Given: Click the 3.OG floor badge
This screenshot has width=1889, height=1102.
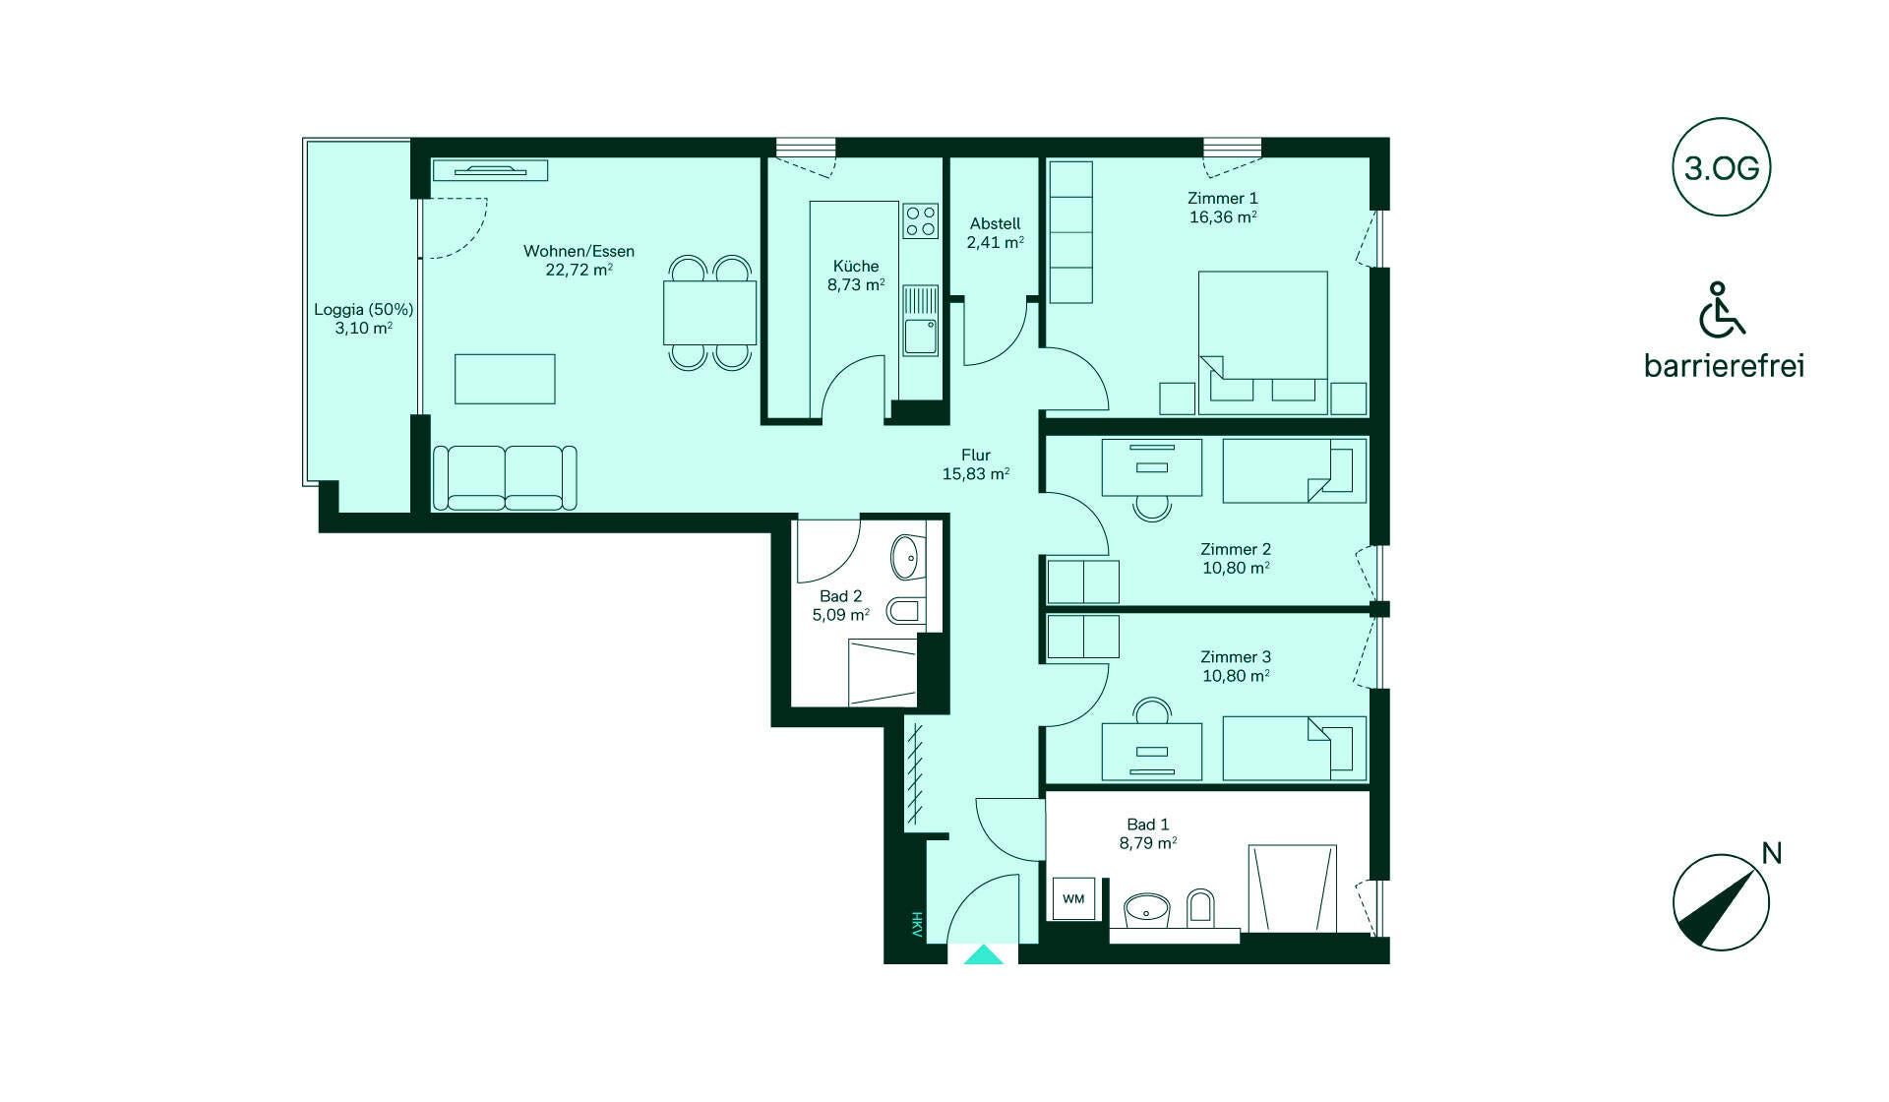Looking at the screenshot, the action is (x=1721, y=167).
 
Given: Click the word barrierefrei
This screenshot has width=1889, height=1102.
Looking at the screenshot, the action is (x=1724, y=366).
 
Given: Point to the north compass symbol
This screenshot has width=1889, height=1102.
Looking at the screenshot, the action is (x=1721, y=902).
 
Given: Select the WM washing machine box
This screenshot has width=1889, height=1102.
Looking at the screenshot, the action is (x=1073, y=899).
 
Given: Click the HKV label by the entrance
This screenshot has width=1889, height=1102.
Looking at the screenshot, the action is (x=916, y=924).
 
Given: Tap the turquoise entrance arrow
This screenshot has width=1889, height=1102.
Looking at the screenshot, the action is (x=984, y=954).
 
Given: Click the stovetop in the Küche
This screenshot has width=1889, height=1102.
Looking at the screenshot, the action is (x=921, y=220).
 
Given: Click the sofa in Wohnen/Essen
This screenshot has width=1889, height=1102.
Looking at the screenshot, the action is (x=505, y=478).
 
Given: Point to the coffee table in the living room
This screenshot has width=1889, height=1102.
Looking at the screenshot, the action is (x=505, y=379).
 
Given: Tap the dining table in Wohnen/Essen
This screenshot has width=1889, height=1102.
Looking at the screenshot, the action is (x=709, y=312).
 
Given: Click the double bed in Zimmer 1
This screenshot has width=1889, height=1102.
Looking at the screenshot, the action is (x=1262, y=337).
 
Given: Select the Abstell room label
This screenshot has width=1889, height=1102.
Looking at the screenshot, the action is (x=995, y=223).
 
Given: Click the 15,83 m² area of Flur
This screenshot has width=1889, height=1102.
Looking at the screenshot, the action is (x=976, y=474).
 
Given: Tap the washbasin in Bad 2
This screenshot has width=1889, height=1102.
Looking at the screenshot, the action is (x=906, y=558).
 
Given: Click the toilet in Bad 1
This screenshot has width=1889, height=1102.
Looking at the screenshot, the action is (x=1200, y=907).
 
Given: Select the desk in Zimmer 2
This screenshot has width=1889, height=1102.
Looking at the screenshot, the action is (x=1152, y=467).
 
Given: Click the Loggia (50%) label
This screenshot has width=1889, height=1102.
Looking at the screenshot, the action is (x=363, y=309).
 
